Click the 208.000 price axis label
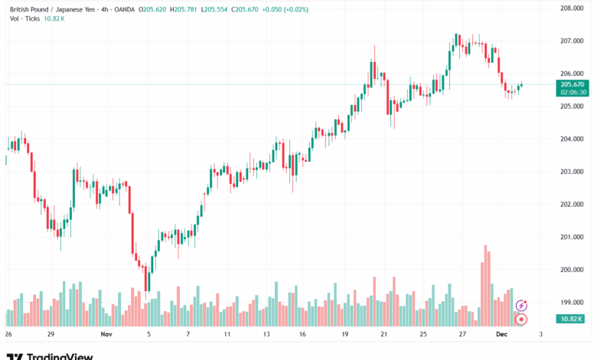coord(573,8)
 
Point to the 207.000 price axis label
coord(573,41)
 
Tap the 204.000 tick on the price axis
coord(573,139)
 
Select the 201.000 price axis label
coord(573,237)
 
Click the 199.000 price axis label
coord(573,303)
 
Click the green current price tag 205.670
coord(573,84)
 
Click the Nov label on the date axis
coord(106,335)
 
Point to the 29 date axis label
coord(50,335)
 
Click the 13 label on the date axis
coord(266,335)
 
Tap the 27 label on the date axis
coord(462,335)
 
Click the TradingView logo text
coord(60,356)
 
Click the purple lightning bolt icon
coord(521,306)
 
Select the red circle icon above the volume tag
coord(521,319)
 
